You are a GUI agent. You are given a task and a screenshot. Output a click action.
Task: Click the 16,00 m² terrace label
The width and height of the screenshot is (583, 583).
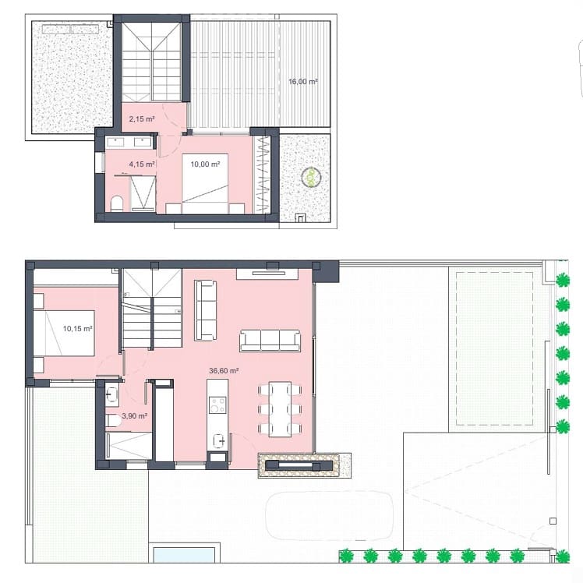[x=302, y=81]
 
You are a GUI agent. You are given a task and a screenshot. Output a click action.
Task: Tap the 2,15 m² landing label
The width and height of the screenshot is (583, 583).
[x=142, y=119]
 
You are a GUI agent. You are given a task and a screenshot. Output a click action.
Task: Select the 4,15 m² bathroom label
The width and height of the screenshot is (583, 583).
[x=142, y=164]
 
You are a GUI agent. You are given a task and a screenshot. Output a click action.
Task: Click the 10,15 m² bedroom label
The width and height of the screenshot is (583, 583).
[x=78, y=329]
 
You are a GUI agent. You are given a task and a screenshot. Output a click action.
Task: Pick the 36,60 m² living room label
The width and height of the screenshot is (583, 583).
[x=224, y=372]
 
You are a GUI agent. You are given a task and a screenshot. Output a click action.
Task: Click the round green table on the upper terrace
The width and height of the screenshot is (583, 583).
[x=311, y=178]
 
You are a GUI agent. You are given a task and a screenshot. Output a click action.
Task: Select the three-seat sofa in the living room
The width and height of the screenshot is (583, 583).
[x=270, y=339]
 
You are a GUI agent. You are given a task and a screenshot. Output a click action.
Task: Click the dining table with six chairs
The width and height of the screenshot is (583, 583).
[x=279, y=408]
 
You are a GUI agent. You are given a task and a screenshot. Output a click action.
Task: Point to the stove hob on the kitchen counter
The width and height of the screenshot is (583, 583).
[x=217, y=405]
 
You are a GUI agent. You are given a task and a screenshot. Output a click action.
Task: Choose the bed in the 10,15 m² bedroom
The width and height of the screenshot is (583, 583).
[x=64, y=332]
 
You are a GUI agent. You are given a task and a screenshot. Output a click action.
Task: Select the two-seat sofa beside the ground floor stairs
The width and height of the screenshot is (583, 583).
[x=206, y=309]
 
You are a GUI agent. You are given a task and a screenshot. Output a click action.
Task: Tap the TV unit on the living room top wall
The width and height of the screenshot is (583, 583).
[x=267, y=273]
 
